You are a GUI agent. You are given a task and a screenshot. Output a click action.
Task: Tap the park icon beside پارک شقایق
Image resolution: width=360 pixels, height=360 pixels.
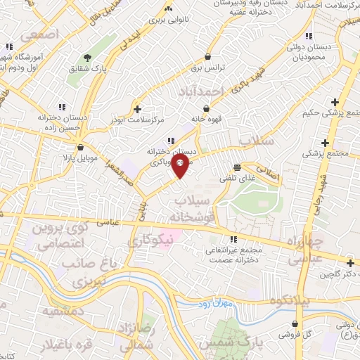[x=87, y=58]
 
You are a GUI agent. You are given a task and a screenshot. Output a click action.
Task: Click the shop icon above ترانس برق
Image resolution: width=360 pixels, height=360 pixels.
[x=207, y=57]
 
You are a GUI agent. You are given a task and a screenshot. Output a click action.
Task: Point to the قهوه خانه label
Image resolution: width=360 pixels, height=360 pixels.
[x=204, y=120]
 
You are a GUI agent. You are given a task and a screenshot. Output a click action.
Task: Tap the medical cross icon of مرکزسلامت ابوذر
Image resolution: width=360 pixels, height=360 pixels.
[x=137, y=109]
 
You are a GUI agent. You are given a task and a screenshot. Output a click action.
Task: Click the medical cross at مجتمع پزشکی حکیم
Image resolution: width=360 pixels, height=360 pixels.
[x=335, y=103]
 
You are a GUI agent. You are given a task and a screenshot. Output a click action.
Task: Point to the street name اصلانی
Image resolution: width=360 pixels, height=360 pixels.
[x=267, y=169]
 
